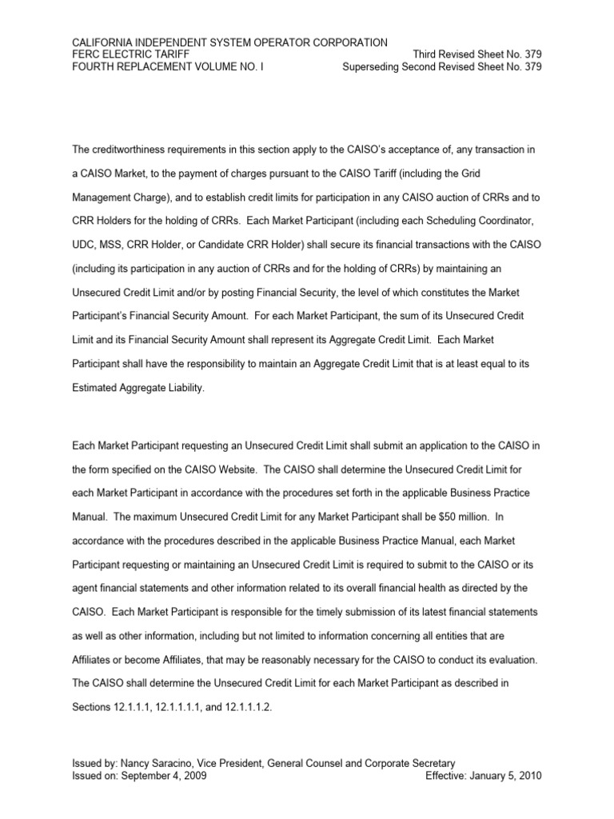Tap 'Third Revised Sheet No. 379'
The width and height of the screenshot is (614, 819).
tap(477, 54)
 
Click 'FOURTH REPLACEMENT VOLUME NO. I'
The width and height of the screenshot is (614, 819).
tap(167, 66)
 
